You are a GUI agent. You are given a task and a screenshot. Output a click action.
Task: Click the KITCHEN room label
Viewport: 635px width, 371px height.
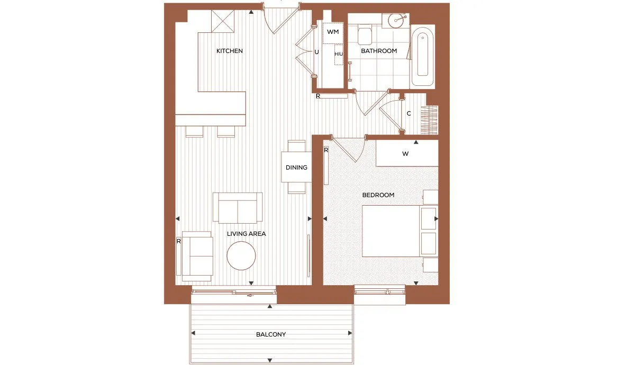coord(229,51)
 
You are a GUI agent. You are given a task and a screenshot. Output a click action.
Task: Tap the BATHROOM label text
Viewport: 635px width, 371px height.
coord(379,51)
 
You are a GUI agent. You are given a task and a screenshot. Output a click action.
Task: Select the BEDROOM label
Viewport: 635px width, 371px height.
coord(378,195)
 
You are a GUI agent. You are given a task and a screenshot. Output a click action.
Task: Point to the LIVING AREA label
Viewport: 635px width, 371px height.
coord(247,234)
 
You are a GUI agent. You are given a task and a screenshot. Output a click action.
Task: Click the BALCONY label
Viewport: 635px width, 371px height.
coord(271,334)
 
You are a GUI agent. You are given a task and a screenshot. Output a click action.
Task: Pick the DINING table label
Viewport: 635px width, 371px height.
coord(296,167)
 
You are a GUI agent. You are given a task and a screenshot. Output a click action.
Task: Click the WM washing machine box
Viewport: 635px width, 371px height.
coord(333,33)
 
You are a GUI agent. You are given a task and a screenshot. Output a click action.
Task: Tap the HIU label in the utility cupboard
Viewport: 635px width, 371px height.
coord(339,54)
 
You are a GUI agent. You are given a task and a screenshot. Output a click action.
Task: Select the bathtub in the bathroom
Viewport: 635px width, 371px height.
coord(422,57)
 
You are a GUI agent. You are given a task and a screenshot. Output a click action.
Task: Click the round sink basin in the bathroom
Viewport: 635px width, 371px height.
coord(396,21)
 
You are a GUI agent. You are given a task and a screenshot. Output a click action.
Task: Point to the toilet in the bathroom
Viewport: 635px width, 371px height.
coord(365,34)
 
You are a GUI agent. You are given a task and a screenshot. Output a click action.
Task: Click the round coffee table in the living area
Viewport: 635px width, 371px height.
coord(241,255)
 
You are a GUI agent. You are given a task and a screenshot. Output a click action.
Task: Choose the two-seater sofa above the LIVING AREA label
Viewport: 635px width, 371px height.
coord(238,208)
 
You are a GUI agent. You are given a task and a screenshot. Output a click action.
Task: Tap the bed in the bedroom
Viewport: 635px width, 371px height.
coord(391,231)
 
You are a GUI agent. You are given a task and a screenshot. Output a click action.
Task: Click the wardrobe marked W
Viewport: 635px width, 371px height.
coord(407,153)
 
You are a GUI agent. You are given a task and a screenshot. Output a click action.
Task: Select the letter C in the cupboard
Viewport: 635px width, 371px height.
coord(409,113)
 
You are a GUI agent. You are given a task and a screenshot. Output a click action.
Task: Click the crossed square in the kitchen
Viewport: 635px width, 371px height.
coord(223,21)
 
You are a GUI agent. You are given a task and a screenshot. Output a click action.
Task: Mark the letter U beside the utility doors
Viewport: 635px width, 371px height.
coord(316,52)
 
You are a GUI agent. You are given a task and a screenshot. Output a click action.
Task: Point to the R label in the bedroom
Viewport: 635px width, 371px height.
coord(326,150)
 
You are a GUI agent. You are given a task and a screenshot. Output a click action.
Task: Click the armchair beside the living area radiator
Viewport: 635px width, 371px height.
coord(197,256)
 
